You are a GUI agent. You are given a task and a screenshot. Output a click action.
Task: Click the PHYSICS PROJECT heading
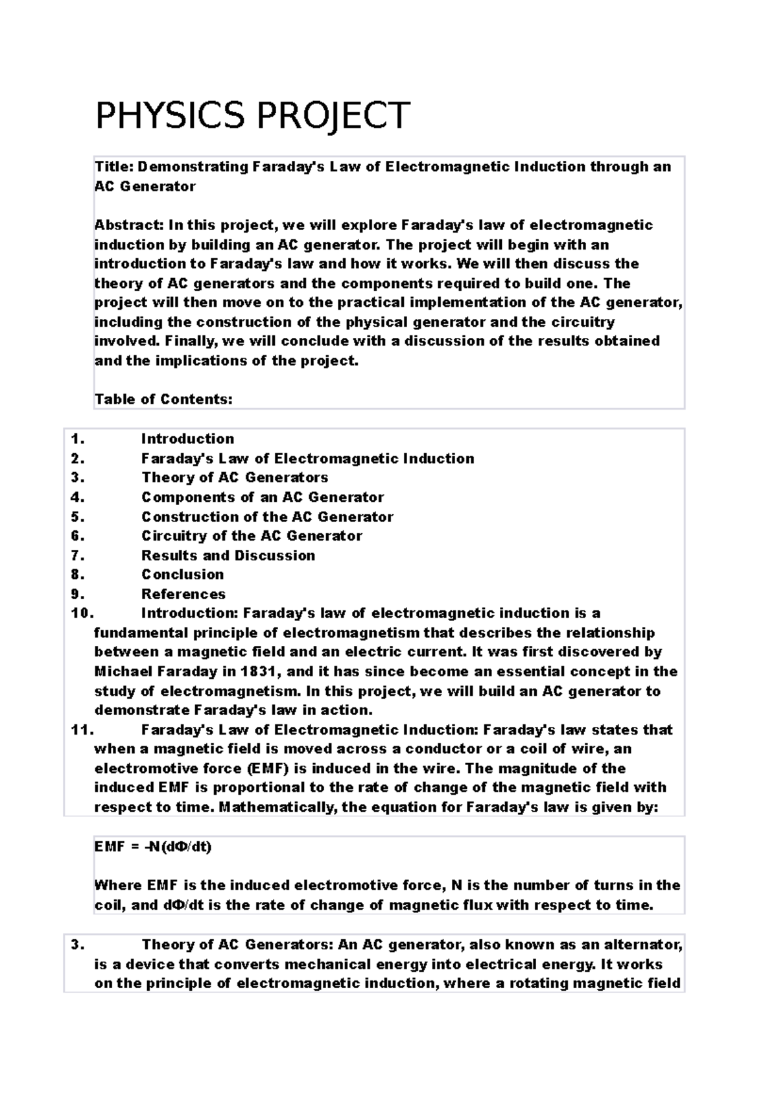(x=252, y=115)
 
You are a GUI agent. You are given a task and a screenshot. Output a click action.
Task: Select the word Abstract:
(x=128, y=225)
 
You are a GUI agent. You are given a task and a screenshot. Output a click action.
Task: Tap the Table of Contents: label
(x=163, y=399)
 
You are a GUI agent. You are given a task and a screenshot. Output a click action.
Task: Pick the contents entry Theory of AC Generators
(x=235, y=478)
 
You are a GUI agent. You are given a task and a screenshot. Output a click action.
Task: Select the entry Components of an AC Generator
(x=263, y=497)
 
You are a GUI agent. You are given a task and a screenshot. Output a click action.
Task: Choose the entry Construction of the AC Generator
(x=267, y=517)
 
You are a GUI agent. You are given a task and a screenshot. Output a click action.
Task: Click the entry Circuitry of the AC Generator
(x=252, y=536)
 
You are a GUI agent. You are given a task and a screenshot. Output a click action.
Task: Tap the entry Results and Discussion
(x=228, y=555)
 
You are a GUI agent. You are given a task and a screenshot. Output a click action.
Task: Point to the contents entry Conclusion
(x=183, y=574)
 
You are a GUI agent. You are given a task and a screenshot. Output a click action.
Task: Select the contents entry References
(x=183, y=594)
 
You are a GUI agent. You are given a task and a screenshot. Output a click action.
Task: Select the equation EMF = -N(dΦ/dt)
(x=153, y=847)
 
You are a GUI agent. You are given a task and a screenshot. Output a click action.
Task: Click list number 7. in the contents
(x=78, y=555)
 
